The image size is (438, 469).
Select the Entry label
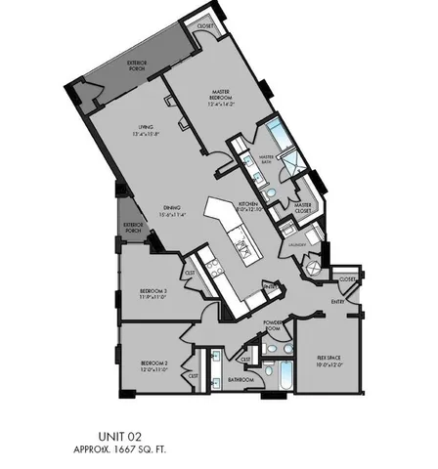click(338, 303)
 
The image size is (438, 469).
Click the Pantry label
click(271, 286)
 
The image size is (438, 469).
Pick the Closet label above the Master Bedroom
click(204, 26)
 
